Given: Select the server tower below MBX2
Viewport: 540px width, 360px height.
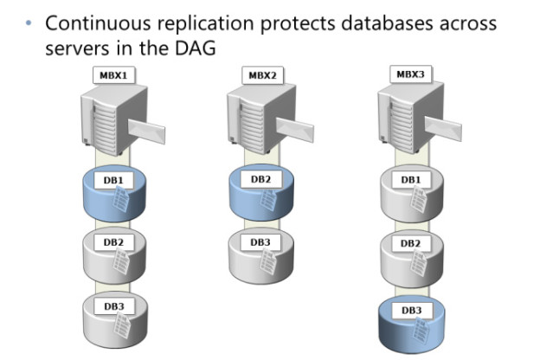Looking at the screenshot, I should pyautogui.click(x=250, y=121).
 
